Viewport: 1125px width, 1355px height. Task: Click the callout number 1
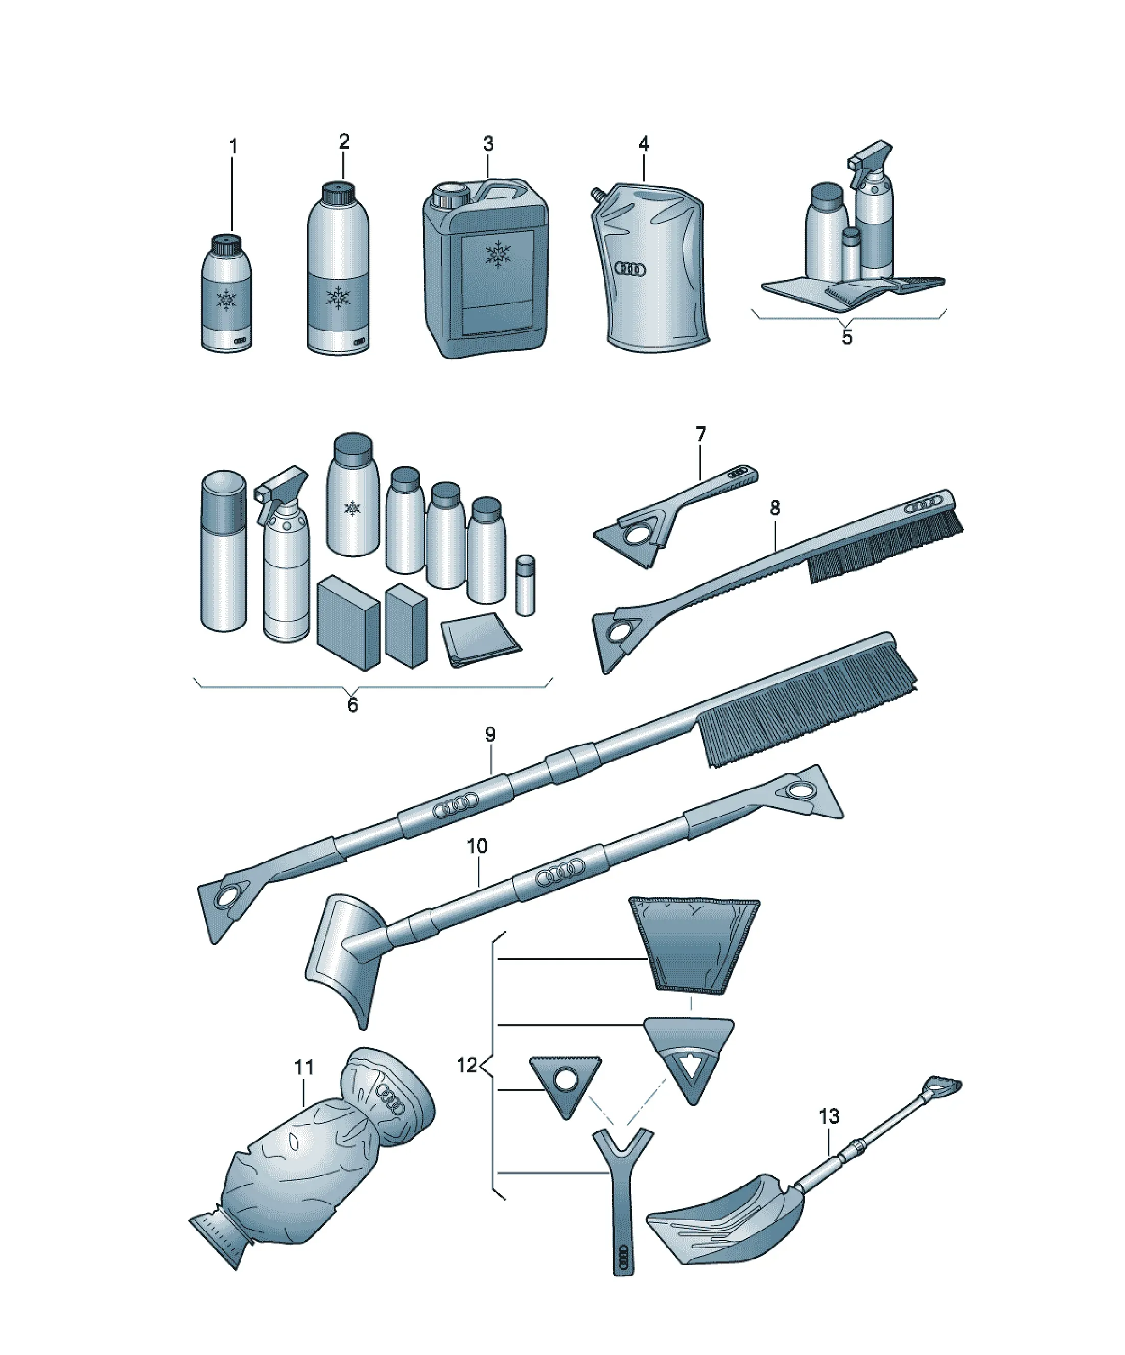(233, 147)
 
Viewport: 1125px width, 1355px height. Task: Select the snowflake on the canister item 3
(497, 254)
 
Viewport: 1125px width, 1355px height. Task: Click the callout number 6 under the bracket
(352, 705)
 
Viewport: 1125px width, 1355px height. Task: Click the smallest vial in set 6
(526, 585)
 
